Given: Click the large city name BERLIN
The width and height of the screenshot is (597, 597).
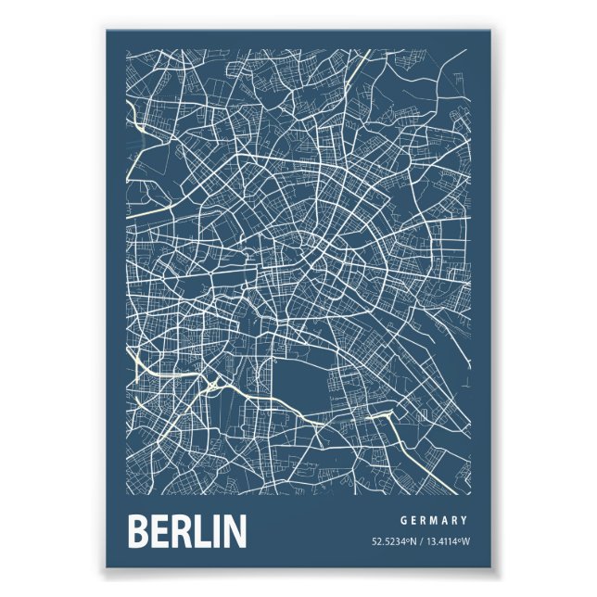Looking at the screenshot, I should [186, 531].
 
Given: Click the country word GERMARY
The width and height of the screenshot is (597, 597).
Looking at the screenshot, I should [435, 520].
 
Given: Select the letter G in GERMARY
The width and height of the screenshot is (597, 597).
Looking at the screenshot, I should [404, 520].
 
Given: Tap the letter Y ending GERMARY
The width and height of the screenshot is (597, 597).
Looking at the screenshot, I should [464, 520].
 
